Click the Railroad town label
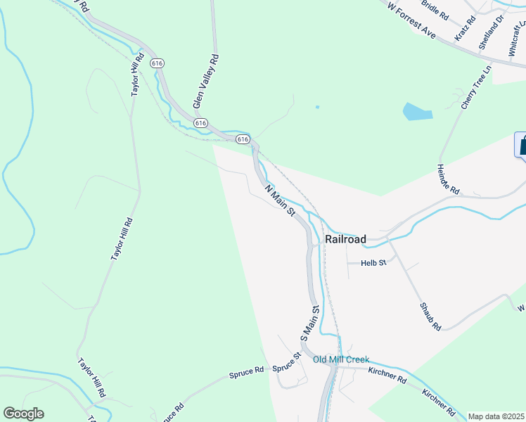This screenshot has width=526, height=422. (x=345, y=240)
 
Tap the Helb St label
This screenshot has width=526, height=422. (x=374, y=263)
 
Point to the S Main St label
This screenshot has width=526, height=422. (x=310, y=323)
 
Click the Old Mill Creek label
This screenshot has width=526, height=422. (x=341, y=359)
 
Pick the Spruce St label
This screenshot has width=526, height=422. (x=287, y=367)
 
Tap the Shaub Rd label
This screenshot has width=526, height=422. (x=430, y=316)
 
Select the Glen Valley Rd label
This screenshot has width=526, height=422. (x=206, y=83)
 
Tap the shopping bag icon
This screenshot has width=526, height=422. (x=522, y=145)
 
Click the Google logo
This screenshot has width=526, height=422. (x=23, y=414)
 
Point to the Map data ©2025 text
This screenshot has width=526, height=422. (x=496, y=416)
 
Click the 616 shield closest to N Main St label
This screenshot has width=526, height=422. (x=243, y=139)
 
